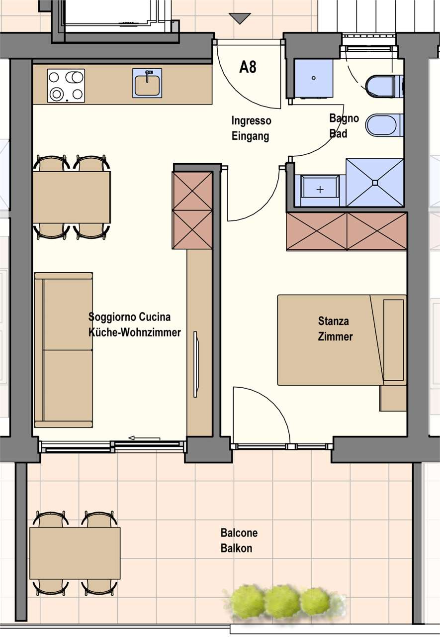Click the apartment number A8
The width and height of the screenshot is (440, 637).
pos(248,67)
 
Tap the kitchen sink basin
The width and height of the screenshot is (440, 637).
pos(147,85)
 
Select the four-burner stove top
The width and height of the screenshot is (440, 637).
pos(66,86)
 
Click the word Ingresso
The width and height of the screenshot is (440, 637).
pos(251,120)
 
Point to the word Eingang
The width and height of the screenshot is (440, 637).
pos(250,136)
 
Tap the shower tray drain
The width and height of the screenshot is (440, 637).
pos(375,183)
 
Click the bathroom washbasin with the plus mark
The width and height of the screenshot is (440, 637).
pos(320,190)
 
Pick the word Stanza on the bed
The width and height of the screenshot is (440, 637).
pos(334,321)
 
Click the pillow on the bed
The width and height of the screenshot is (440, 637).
pos(393,340)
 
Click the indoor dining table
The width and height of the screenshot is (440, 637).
pos(72,197)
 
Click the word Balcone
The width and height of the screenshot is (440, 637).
pos(239,532)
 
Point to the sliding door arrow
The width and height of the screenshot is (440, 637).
pos(144,438)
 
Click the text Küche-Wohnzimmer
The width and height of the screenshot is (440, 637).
pos(134,332)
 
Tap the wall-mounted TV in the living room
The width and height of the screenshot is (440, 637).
pos(196,364)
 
